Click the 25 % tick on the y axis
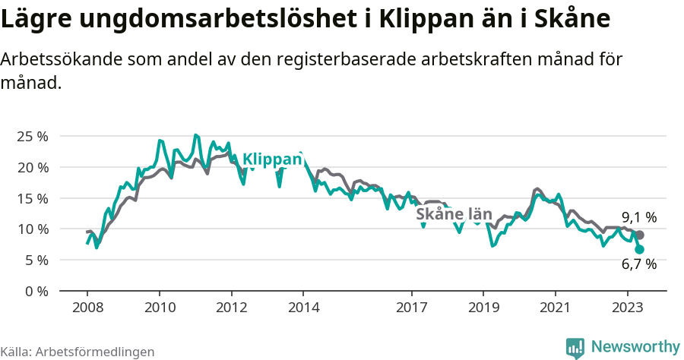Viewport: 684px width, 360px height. click(x=32, y=136)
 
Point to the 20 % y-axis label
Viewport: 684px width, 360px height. click(x=32, y=167)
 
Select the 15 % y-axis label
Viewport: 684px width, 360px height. click(x=32, y=198)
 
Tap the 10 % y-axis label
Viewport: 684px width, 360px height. click(x=32, y=229)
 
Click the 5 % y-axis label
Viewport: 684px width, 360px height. click(x=36, y=260)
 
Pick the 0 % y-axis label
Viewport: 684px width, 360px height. click(x=36, y=291)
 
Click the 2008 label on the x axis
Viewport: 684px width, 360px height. click(x=87, y=308)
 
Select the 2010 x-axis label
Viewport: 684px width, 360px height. click(x=160, y=308)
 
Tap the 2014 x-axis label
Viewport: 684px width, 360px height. click(x=303, y=308)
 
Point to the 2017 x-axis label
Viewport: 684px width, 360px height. click(x=411, y=308)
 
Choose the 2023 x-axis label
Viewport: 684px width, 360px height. click(x=627, y=308)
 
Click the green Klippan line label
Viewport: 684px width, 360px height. click(x=272, y=159)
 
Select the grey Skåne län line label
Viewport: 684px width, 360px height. click(x=454, y=214)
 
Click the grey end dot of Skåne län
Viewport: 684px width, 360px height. click(x=640, y=235)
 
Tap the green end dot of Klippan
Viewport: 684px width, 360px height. click(x=640, y=249)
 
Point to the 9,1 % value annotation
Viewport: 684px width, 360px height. click(x=638, y=217)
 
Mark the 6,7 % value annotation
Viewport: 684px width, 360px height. click(x=638, y=264)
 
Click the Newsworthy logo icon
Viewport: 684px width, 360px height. click(x=575, y=347)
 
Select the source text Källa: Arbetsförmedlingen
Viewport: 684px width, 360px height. click(x=78, y=352)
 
